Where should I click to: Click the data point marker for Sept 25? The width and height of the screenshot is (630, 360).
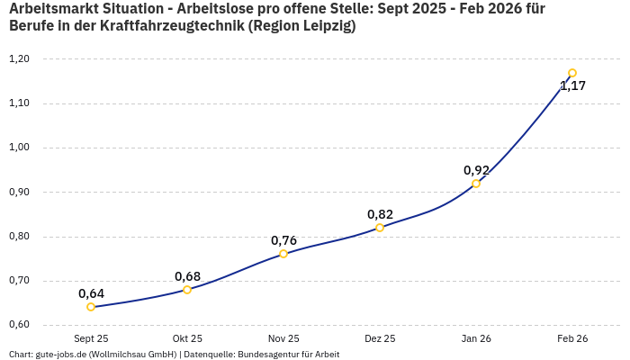91,307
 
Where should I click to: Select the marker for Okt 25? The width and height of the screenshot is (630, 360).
187,290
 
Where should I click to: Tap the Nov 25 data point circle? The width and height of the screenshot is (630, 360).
283,254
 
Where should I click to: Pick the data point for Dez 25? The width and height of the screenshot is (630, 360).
380,228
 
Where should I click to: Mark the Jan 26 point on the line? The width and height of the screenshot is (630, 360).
476,184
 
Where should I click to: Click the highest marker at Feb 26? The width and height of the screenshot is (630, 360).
572,73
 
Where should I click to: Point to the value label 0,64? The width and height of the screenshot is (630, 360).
91,293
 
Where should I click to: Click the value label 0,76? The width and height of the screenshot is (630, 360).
283,240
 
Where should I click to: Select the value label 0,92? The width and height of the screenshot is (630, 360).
476,170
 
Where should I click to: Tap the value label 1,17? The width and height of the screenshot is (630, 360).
572,86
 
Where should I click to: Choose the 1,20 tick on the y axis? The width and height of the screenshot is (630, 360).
19,59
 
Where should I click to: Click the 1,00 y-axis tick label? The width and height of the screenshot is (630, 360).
19,148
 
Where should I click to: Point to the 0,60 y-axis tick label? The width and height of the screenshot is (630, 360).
19,325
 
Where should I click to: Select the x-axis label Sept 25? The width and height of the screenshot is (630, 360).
91,338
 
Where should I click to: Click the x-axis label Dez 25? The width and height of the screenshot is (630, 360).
380,338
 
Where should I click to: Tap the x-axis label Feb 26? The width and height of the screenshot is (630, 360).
572,338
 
